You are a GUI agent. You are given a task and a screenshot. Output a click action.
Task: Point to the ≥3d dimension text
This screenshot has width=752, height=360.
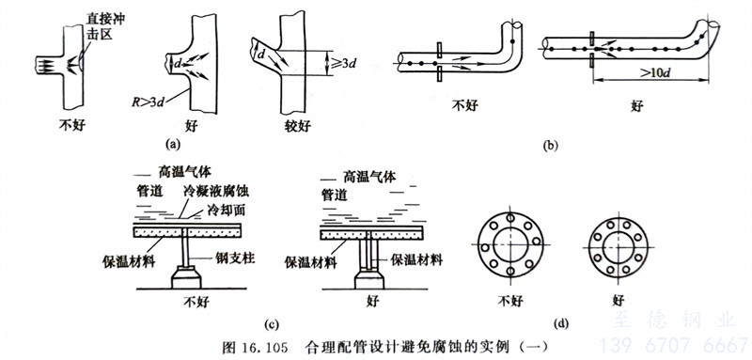344,63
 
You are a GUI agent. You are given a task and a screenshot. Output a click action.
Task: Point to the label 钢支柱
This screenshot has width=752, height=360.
239,258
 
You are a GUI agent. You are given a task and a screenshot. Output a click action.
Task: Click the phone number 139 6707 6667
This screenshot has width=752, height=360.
675,345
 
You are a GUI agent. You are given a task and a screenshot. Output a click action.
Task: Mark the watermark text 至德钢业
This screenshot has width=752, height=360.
673,320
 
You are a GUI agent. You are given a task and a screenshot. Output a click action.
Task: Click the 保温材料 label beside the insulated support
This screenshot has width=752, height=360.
416,260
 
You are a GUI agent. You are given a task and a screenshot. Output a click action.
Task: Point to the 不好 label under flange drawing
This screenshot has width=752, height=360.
509,301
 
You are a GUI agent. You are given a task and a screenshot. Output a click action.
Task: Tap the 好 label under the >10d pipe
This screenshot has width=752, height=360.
637,106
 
